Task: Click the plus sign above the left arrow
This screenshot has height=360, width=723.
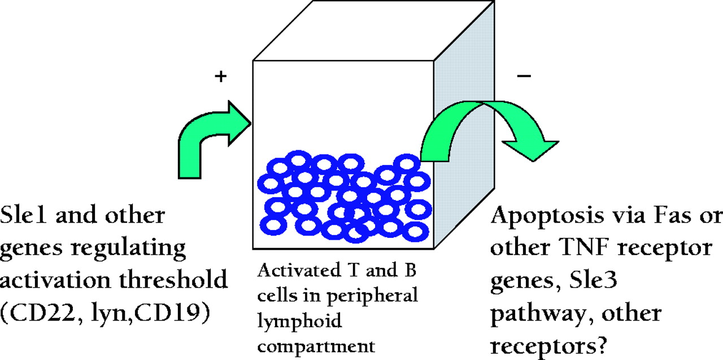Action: (221, 77)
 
